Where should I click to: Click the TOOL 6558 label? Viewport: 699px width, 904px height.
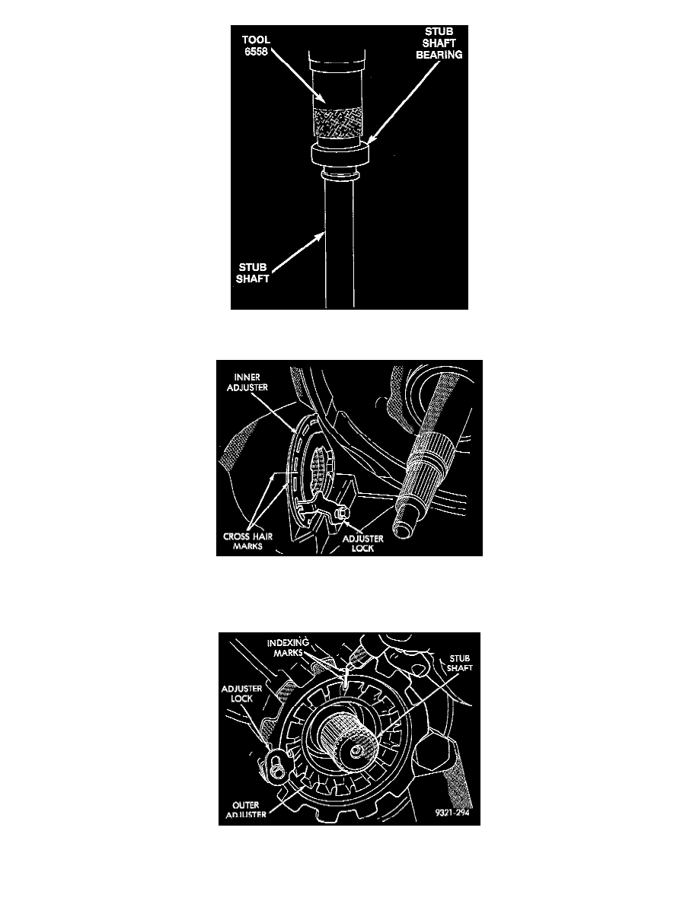pyautogui.click(x=256, y=45)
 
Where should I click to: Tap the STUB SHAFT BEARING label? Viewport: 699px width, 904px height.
pyautogui.click(x=439, y=43)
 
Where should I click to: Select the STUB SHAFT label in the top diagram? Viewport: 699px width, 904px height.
pyautogui.click(x=253, y=272)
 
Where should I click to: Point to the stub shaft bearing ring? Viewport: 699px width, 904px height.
pyautogui.click(x=340, y=154)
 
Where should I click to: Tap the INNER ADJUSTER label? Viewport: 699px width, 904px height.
pyautogui.click(x=247, y=382)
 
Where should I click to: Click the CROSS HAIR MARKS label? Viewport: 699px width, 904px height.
pyautogui.click(x=247, y=541)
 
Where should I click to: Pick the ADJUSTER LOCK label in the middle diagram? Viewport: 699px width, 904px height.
pyautogui.click(x=362, y=543)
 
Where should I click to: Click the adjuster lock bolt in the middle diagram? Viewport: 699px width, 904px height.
pyautogui.click(x=340, y=511)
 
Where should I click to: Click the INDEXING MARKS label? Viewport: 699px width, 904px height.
pyautogui.click(x=288, y=648)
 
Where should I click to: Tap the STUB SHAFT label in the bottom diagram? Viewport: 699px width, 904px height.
pyautogui.click(x=460, y=663)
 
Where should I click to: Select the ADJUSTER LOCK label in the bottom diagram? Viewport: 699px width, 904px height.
pyautogui.click(x=241, y=693)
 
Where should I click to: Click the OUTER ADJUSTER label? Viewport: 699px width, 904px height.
pyautogui.click(x=246, y=810)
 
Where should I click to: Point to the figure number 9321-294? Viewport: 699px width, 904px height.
pyautogui.click(x=452, y=813)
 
